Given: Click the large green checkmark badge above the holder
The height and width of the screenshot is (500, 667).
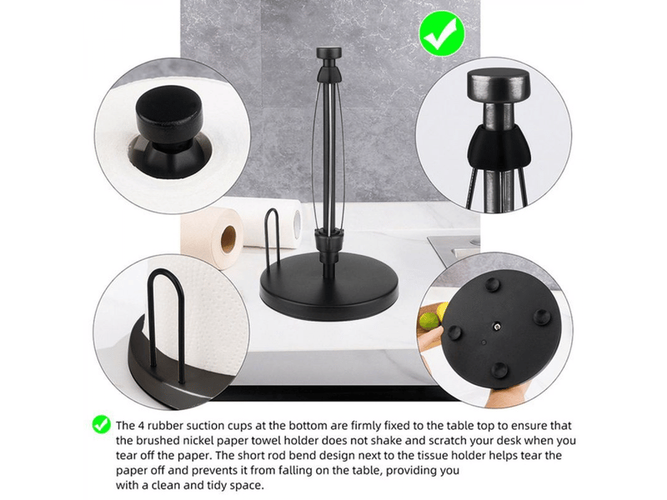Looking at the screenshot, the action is tap(442, 33).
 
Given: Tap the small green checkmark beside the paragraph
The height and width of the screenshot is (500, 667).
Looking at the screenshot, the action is tap(101, 424).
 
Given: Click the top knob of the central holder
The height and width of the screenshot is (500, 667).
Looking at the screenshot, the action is tap(329, 53).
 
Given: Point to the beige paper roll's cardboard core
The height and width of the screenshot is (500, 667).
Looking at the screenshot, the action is tap(228, 238).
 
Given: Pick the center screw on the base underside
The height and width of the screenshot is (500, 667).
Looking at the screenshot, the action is tap(496, 327).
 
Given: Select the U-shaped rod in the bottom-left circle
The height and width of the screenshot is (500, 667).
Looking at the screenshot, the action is tap(166, 315).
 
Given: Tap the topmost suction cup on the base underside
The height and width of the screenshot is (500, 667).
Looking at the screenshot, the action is tap(494, 283).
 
